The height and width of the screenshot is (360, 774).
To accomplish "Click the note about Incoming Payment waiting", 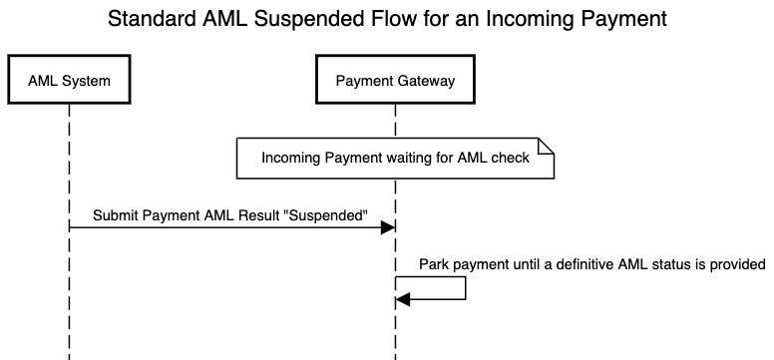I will coord(395,159).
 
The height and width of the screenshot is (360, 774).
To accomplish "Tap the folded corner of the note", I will coord(547,146).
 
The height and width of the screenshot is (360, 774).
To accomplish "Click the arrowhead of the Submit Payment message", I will coord(389,228).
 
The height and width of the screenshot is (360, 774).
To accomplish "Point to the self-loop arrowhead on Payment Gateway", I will coord(402,300).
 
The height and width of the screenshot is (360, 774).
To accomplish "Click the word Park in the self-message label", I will coord(434,264).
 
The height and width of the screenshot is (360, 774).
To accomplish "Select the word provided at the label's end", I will coord(737,264).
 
